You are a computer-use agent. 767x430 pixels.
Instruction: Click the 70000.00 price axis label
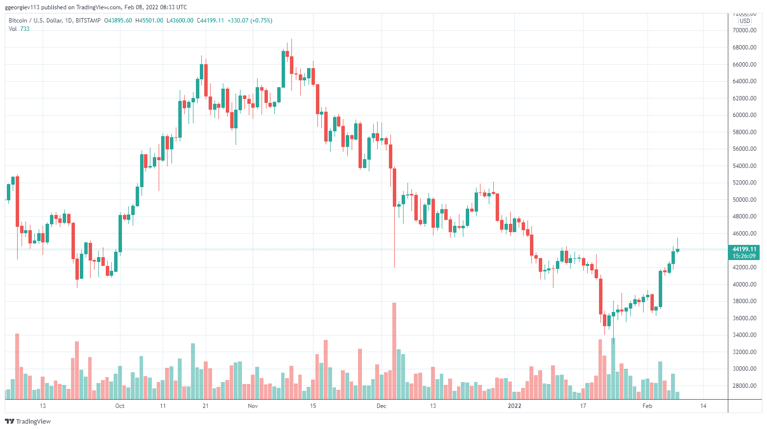[x=744, y=30]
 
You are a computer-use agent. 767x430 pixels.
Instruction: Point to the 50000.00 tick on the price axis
[x=744, y=200]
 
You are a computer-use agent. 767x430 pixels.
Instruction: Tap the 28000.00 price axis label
[x=744, y=386]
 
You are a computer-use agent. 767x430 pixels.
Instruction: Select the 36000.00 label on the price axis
[x=744, y=318]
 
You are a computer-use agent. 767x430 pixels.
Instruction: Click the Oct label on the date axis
[x=120, y=406]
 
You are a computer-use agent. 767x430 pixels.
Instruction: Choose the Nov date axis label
[x=253, y=406]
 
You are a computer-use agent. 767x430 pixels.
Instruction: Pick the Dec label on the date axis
[x=382, y=406]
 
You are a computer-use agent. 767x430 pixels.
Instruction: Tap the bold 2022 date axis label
[x=515, y=406]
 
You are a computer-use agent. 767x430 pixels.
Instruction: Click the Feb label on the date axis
[x=647, y=406]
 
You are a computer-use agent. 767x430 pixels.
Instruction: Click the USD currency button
[x=745, y=21]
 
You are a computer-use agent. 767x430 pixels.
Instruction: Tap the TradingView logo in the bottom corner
[x=28, y=421]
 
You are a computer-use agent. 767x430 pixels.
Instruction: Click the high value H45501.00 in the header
[x=149, y=21]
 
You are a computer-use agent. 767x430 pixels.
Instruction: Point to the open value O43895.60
[x=118, y=21]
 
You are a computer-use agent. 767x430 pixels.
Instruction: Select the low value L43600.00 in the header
[x=180, y=21]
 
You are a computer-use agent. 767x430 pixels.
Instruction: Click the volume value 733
[x=24, y=29]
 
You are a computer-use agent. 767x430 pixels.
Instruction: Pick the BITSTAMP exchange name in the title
[x=89, y=21]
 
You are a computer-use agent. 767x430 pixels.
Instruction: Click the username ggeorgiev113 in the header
[x=22, y=7]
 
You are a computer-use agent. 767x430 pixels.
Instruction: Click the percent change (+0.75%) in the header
[x=261, y=21]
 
